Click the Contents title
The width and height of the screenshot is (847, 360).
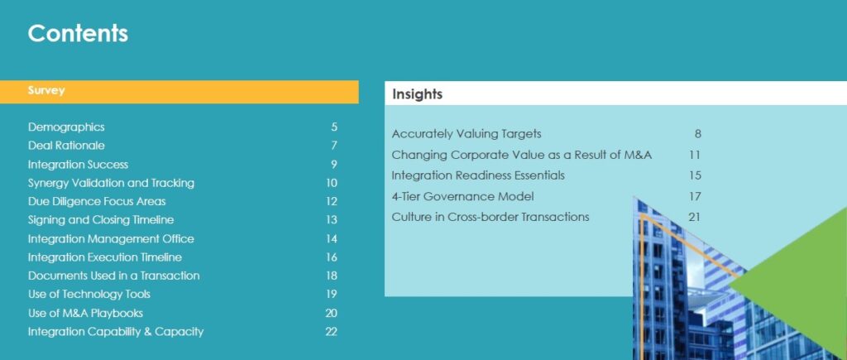coord(78,33)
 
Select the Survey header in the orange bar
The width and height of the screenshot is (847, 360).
coord(46,90)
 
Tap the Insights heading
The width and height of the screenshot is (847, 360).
coord(417,94)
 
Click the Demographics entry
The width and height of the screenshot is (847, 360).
coord(66,127)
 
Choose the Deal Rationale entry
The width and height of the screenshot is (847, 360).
coord(66,146)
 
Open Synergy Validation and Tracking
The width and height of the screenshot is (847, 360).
coord(112,183)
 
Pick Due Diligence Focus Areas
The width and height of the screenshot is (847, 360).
coord(97,201)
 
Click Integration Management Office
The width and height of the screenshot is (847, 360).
coord(111,238)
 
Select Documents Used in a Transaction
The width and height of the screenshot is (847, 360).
coord(113,276)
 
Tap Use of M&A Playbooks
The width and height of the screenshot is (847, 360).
coord(85,313)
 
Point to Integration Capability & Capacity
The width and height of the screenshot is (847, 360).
coord(116,331)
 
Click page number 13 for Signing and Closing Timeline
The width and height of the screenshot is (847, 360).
coord(332,220)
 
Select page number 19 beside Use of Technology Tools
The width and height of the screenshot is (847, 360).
coord(332,294)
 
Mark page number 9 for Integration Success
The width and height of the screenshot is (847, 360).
coord(334,165)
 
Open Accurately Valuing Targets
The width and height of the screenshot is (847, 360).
coord(467,133)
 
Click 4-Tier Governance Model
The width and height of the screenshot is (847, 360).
coord(463,196)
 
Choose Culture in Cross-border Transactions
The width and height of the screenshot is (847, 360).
coord(490,217)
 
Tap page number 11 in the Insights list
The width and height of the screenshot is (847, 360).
coord(695,155)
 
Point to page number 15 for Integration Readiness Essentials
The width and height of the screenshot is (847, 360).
coord(695,175)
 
